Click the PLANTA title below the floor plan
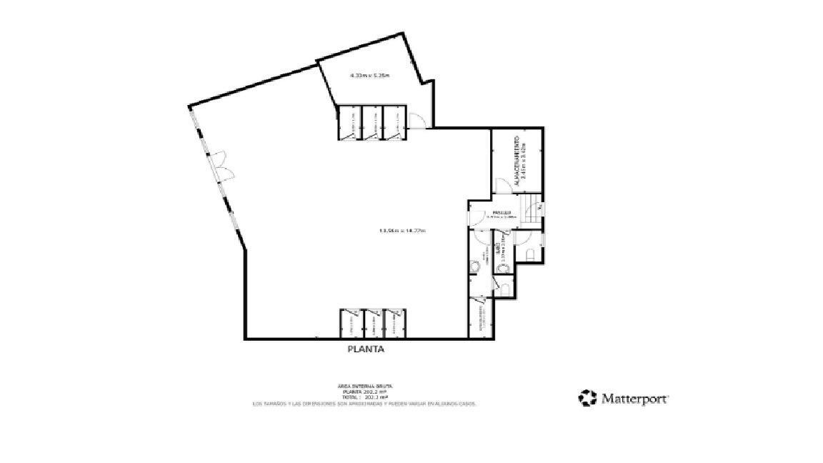click(x=366, y=349)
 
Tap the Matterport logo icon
click(x=587, y=398)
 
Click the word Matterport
click(x=634, y=399)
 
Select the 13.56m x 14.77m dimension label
click(x=402, y=230)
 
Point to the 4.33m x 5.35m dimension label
click(x=369, y=75)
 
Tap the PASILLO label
click(x=500, y=213)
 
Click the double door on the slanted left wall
click(x=223, y=166)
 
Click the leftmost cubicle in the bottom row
click(x=349, y=322)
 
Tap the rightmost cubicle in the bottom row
click(x=394, y=322)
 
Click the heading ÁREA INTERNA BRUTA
click(x=364, y=386)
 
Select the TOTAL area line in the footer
click(x=364, y=397)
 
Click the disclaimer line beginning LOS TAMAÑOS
click(x=364, y=404)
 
